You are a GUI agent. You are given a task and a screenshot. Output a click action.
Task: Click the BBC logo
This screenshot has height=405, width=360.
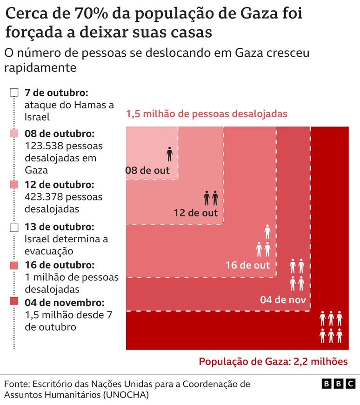pos(338,384)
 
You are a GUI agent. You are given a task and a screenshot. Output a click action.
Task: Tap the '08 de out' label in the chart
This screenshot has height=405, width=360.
pos(148,171)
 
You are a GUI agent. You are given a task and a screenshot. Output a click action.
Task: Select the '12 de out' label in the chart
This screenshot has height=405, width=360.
pos(195,213)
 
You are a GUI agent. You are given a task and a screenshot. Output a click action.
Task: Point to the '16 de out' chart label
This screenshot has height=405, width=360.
pos(247,265)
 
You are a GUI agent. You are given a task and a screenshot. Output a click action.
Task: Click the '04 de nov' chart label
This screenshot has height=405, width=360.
pos(283,299)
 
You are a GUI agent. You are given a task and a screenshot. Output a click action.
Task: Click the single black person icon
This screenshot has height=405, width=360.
pos(169,154)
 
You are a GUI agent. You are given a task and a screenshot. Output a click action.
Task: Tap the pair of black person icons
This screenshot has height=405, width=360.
pos(211,198)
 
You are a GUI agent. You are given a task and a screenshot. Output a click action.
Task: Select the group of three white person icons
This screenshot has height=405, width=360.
pos(264,241)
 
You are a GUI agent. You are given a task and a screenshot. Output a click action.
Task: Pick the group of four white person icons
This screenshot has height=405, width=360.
pos(297,275)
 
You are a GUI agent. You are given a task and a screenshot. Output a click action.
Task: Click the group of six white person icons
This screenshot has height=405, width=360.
pos(331,327)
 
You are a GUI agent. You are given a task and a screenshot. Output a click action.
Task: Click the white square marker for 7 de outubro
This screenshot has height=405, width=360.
pos(14,92)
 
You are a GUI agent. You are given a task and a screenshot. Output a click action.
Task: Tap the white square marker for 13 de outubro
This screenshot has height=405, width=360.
pos(14,227)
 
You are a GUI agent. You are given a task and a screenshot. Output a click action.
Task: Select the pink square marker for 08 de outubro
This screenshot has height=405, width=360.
pos(14,134)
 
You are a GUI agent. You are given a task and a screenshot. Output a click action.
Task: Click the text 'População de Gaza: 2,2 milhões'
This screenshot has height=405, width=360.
pos(273,361)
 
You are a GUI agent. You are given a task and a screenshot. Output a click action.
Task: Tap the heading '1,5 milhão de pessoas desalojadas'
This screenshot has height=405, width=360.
pos(207,113)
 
